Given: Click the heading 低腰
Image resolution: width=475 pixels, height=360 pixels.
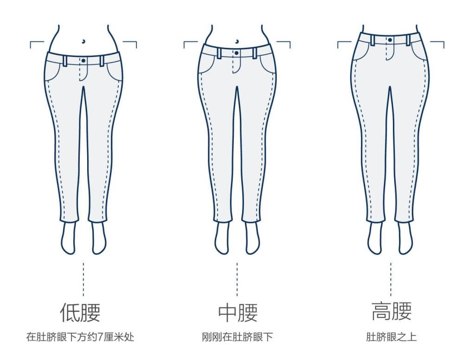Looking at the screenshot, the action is click(x=80, y=312).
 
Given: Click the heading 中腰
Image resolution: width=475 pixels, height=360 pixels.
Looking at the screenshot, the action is click(x=238, y=313).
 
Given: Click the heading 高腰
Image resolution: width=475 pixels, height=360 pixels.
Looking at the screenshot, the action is click(x=392, y=311).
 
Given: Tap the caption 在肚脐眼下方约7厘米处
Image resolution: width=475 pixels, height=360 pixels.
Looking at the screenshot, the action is click(x=80, y=337).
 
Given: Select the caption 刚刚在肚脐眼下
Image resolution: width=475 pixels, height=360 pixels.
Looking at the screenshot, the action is click(x=237, y=337).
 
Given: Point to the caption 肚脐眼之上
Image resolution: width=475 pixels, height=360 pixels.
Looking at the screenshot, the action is click(x=391, y=337).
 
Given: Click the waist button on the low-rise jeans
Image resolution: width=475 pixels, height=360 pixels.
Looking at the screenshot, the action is click(x=83, y=61).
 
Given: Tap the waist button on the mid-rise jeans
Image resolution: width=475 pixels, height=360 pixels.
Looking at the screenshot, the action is click(x=237, y=53).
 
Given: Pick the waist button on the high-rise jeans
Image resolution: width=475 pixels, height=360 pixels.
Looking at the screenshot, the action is click(x=390, y=40).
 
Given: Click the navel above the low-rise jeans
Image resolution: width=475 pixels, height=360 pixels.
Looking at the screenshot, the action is click(x=83, y=41).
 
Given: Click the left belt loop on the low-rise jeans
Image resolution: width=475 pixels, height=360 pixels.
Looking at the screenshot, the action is click(x=65, y=61).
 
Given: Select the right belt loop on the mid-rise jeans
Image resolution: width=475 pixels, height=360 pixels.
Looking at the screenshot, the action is click(x=255, y=53).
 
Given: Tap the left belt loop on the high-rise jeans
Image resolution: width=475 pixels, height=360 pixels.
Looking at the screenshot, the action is click(x=372, y=40).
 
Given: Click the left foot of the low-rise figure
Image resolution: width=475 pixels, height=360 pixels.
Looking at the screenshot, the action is click(x=69, y=238).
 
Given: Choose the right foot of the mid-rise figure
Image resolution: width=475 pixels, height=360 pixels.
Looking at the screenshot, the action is click(x=253, y=238).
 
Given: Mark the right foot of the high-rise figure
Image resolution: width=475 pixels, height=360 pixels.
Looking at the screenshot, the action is click(x=405, y=238).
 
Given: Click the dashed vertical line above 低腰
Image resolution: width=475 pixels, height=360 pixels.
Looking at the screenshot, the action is click(x=83, y=279).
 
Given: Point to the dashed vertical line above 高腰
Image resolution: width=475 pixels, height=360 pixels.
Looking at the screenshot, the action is click(x=391, y=279).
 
